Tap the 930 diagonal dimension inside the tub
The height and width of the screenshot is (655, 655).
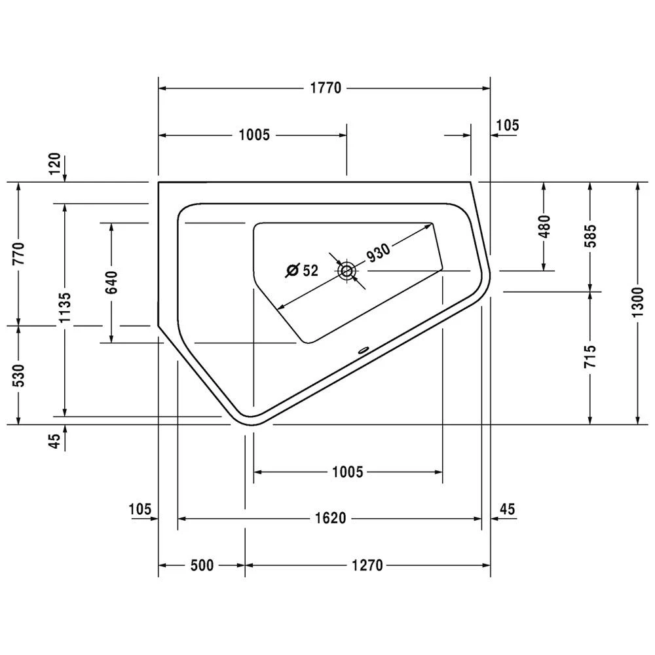379,252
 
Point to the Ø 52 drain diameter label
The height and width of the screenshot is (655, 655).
303,269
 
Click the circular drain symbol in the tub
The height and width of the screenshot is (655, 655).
346,270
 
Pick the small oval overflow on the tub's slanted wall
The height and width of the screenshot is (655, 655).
362,350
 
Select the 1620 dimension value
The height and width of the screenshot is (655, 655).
329,518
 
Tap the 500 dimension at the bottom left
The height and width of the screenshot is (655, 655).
201,565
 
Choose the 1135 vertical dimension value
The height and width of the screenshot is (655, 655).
64,308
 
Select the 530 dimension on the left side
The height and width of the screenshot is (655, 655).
18,376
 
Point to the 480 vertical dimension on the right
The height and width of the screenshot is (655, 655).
544,226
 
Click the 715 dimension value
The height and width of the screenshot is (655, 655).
591,358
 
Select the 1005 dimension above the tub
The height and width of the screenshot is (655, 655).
254,135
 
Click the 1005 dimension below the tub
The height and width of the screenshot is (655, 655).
347,471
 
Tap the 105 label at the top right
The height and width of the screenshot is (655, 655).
508,124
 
